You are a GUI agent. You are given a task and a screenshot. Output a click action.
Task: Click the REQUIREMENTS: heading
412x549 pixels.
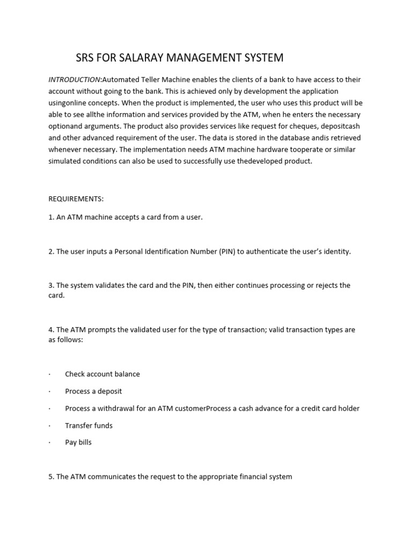coord(76,199)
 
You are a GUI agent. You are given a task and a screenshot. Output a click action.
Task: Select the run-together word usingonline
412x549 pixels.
coord(68,102)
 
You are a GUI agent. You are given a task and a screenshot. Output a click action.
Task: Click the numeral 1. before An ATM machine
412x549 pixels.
coord(51,218)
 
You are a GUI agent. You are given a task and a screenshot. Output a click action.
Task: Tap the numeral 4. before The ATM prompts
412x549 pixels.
coord(51,330)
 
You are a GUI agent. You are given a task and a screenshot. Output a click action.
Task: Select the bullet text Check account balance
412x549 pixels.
coord(102,374)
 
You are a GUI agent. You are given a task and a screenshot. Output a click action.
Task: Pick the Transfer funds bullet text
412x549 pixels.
coord(89,426)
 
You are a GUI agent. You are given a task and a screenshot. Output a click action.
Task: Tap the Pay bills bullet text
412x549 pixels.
coord(78,443)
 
